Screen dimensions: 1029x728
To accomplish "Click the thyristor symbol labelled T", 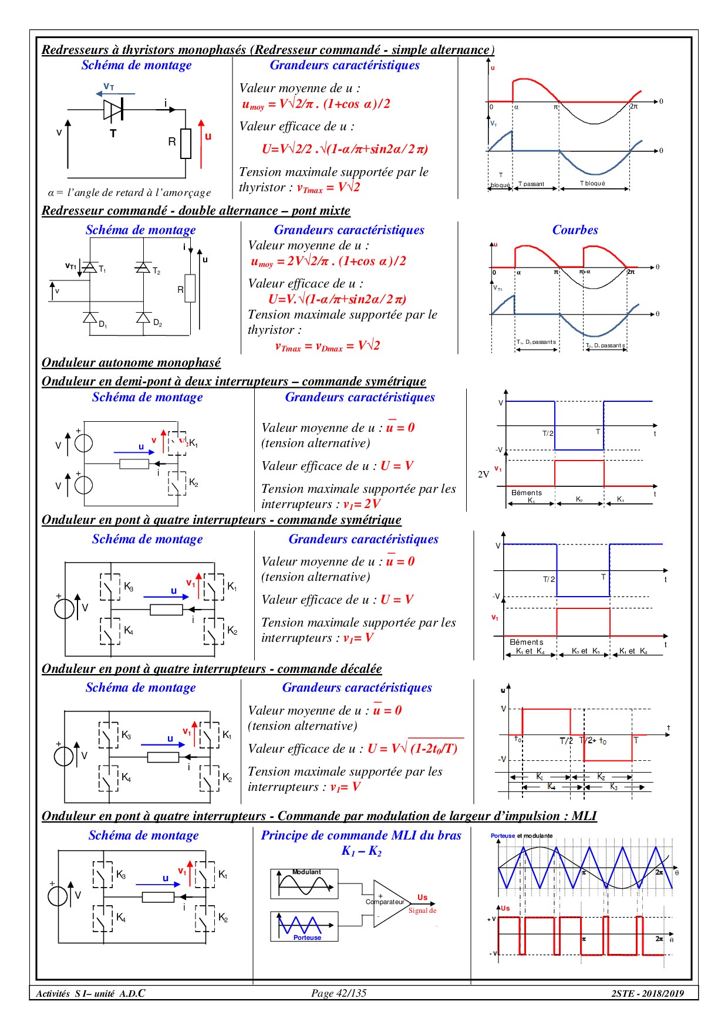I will click(x=113, y=110).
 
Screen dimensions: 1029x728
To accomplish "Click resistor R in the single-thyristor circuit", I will click(x=186, y=143).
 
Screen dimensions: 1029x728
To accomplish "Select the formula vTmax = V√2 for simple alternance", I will click(x=329, y=188).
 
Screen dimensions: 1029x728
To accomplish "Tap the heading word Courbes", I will click(x=575, y=230).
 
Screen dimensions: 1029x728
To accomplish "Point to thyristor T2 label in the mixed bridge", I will click(x=156, y=271).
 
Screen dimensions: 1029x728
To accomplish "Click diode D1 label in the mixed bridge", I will click(x=103, y=324).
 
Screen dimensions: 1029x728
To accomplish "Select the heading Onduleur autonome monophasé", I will click(x=131, y=363).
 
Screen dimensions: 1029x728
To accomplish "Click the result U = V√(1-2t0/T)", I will click(x=413, y=749).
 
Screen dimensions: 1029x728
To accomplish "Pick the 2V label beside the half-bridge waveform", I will click(x=483, y=474).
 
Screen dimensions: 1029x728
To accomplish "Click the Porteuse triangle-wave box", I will click(x=304, y=926).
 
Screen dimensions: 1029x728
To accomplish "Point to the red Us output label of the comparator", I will click(x=422, y=898).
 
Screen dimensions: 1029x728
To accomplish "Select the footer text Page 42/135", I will click(x=339, y=993).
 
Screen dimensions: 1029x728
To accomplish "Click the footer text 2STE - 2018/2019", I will click(x=648, y=993).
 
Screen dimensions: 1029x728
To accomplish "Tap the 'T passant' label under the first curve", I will click(x=531, y=184).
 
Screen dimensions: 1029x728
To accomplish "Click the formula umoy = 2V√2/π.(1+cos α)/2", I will click(x=328, y=262).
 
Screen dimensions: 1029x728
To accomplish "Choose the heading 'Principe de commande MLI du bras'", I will click(x=361, y=835).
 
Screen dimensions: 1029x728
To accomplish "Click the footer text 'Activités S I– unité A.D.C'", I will click(x=90, y=993).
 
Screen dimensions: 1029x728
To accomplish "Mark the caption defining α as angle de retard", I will click(x=129, y=192).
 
